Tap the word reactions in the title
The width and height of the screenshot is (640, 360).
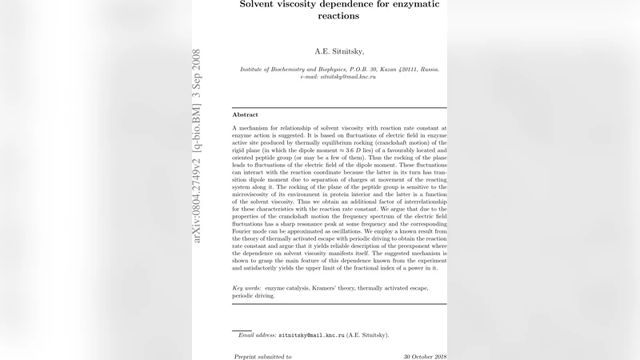[x=339, y=16]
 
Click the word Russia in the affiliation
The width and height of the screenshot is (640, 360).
[x=426, y=70]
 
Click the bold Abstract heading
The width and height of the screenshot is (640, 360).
[x=245, y=115]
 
